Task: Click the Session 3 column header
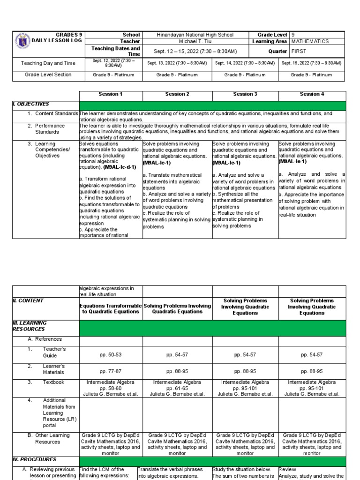point(245,94)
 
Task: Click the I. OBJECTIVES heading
point(30,104)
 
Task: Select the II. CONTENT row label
point(28,300)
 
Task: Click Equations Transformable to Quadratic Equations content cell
point(111,308)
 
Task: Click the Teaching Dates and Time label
point(116,51)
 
